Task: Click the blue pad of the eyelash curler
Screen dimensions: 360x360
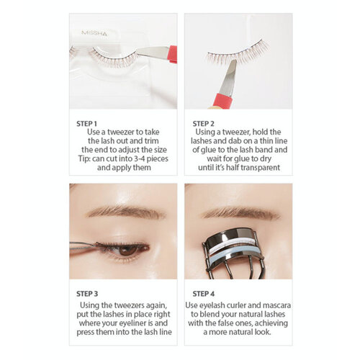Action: (x=238, y=251)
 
